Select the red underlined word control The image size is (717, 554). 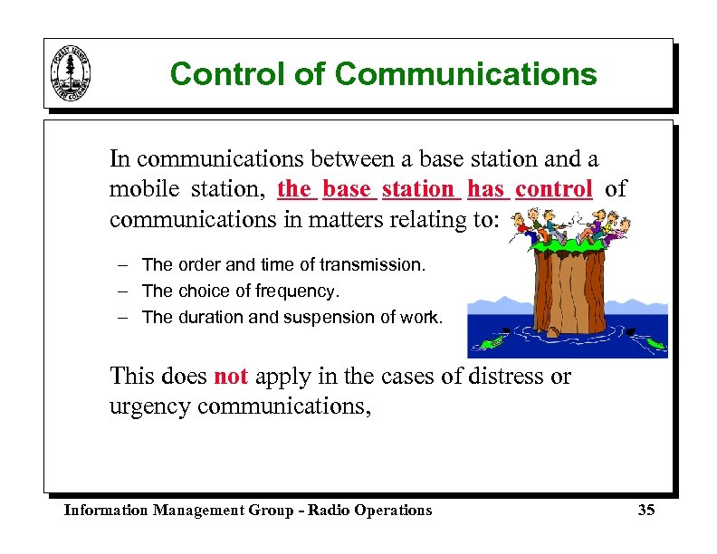point(554,189)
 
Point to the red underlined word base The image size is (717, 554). point(347,189)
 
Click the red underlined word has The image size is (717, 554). point(486,189)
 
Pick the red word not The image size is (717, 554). point(230,375)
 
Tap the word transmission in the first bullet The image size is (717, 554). point(378,265)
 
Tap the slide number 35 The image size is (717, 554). point(645,510)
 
